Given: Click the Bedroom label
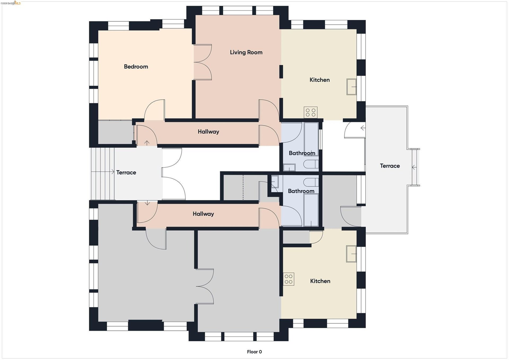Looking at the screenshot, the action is pos(136,67).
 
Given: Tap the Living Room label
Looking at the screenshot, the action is pos(246,52).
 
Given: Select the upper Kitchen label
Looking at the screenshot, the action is pos(320,80).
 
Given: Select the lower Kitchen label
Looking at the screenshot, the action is pos(320,281).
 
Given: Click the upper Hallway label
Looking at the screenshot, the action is pos(208,132).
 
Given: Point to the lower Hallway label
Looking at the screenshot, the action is pos(203,214).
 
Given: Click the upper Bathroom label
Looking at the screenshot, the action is pos(302,153).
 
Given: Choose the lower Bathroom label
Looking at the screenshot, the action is pos(301,191).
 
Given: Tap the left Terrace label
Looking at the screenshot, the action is pos(126,172).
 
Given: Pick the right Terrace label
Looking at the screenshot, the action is pos(390,166).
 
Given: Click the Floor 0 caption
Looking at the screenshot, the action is pos(254,352).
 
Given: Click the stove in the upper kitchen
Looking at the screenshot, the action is pos(311,112).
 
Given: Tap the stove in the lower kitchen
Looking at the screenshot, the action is pos(289,279).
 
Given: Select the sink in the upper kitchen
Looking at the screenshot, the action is pos(352,87).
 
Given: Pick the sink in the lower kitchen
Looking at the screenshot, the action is pos(351,254).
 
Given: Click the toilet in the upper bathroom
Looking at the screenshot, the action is pos(311,164).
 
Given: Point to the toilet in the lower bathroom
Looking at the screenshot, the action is pos(311,182).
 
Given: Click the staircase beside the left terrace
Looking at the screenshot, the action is pos(103,174).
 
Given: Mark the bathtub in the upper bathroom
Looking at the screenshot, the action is pos(311,135).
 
